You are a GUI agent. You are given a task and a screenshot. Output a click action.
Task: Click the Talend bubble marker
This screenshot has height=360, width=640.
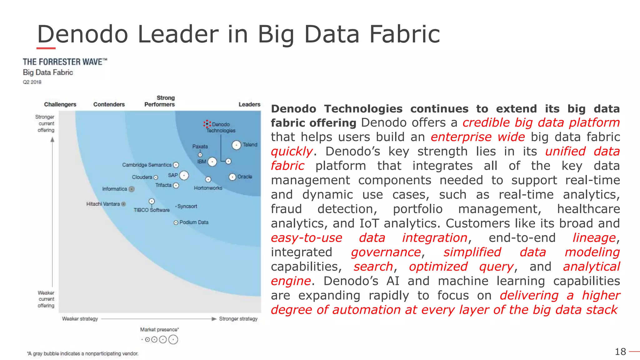[x=236, y=145]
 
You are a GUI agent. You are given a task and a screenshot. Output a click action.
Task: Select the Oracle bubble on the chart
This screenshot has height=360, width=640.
[x=232, y=177]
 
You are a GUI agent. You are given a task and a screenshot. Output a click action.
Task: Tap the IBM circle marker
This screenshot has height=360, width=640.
[x=212, y=162]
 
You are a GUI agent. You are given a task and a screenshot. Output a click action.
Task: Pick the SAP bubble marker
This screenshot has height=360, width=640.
[x=184, y=176]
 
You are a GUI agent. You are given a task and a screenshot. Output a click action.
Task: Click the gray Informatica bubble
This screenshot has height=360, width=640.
[x=132, y=189]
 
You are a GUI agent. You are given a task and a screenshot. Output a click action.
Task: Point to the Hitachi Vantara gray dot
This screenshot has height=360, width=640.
[x=123, y=204]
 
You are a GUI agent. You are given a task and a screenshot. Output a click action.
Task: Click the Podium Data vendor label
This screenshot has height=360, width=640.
[x=194, y=222]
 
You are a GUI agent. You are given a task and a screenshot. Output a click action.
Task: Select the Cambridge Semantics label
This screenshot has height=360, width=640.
[x=147, y=165]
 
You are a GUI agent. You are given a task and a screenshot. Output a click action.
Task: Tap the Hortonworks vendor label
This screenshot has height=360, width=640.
[x=208, y=188]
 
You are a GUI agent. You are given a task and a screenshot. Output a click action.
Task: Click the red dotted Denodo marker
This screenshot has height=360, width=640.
[x=207, y=124]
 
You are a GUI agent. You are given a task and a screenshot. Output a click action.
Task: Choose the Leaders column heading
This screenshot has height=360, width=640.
[x=249, y=104]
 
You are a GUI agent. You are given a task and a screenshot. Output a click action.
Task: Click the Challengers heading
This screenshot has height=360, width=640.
[x=60, y=104]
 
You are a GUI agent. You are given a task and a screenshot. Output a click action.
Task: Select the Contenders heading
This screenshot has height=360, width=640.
[x=109, y=104]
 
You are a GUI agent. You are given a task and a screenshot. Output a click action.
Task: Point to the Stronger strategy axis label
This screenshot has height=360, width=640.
[x=238, y=319]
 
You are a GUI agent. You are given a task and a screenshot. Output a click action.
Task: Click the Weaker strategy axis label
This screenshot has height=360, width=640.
[x=80, y=319]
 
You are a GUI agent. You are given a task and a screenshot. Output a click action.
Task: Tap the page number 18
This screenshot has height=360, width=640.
[x=620, y=352]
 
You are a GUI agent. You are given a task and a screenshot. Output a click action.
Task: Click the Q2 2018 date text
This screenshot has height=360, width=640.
[x=32, y=82]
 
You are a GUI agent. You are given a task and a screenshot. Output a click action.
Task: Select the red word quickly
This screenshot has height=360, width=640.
[x=292, y=152]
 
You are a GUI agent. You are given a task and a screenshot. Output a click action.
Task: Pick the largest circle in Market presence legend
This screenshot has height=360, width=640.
[x=173, y=340]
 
